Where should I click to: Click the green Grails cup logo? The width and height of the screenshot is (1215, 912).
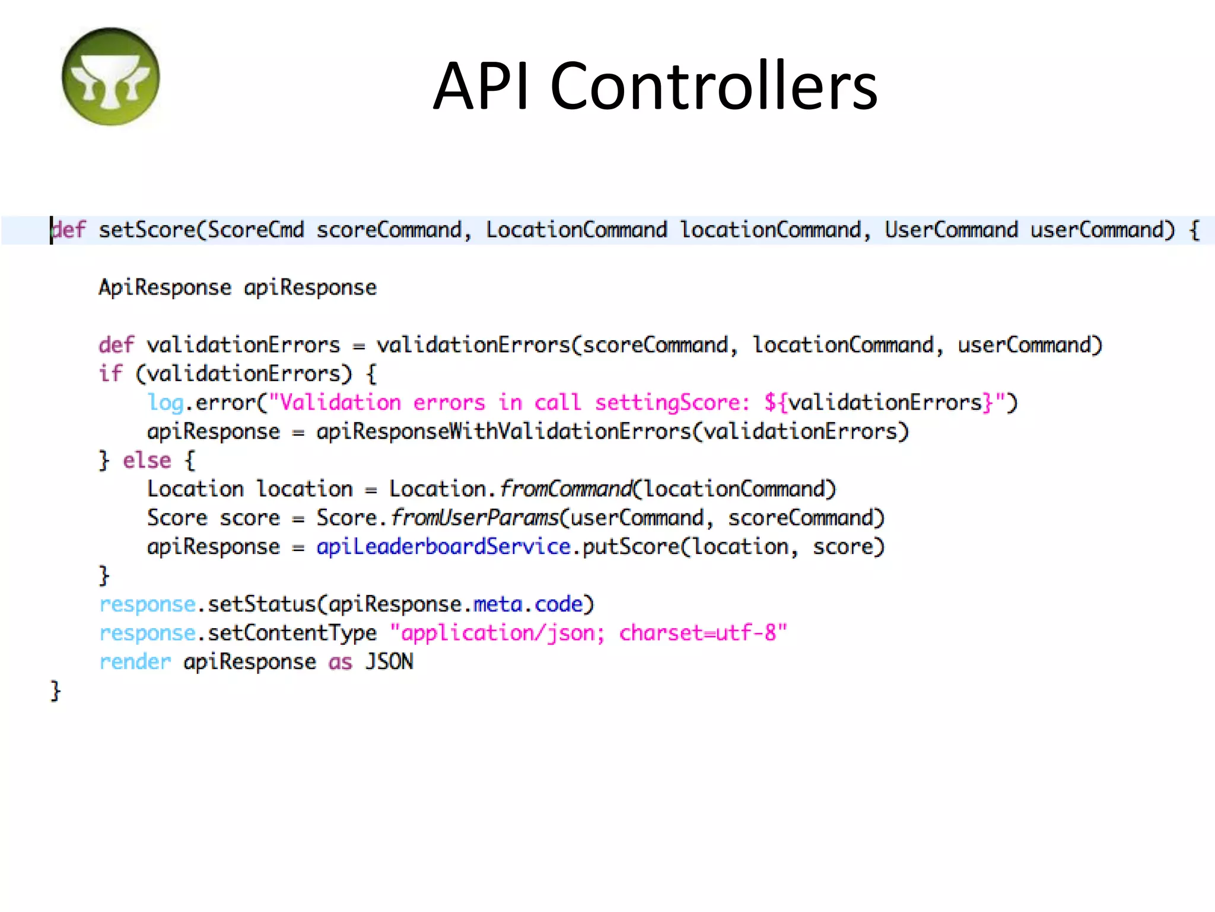coord(110,77)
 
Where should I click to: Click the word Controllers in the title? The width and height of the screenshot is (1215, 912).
coord(714,86)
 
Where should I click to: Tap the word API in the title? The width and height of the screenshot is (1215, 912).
coord(481,86)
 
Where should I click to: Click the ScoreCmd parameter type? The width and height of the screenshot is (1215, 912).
coord(256,230)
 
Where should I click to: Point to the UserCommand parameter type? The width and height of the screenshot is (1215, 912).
coord(950,230)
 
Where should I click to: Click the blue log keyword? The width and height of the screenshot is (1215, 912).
coord(165,403)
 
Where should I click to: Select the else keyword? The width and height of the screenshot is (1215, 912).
coord(147,460)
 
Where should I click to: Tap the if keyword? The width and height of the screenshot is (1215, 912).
coord(110,373)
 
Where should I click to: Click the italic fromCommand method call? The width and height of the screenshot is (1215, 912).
coord(567,489)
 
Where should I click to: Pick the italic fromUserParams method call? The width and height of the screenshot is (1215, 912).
coord(475,518)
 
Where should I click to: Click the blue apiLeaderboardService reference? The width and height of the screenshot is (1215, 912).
coord(443,546)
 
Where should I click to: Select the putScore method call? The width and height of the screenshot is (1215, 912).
coord(631,546)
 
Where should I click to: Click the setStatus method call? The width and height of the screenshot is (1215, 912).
coord(262,604)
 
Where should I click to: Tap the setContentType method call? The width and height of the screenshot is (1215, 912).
coord(292,633)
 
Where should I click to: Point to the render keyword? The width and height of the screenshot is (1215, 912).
coord(135,661)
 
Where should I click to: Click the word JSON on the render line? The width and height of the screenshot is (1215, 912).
coord(389,661)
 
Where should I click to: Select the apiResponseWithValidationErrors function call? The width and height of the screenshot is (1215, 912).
coord(504,432)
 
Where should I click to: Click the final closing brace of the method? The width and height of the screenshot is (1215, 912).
coord(55,691)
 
